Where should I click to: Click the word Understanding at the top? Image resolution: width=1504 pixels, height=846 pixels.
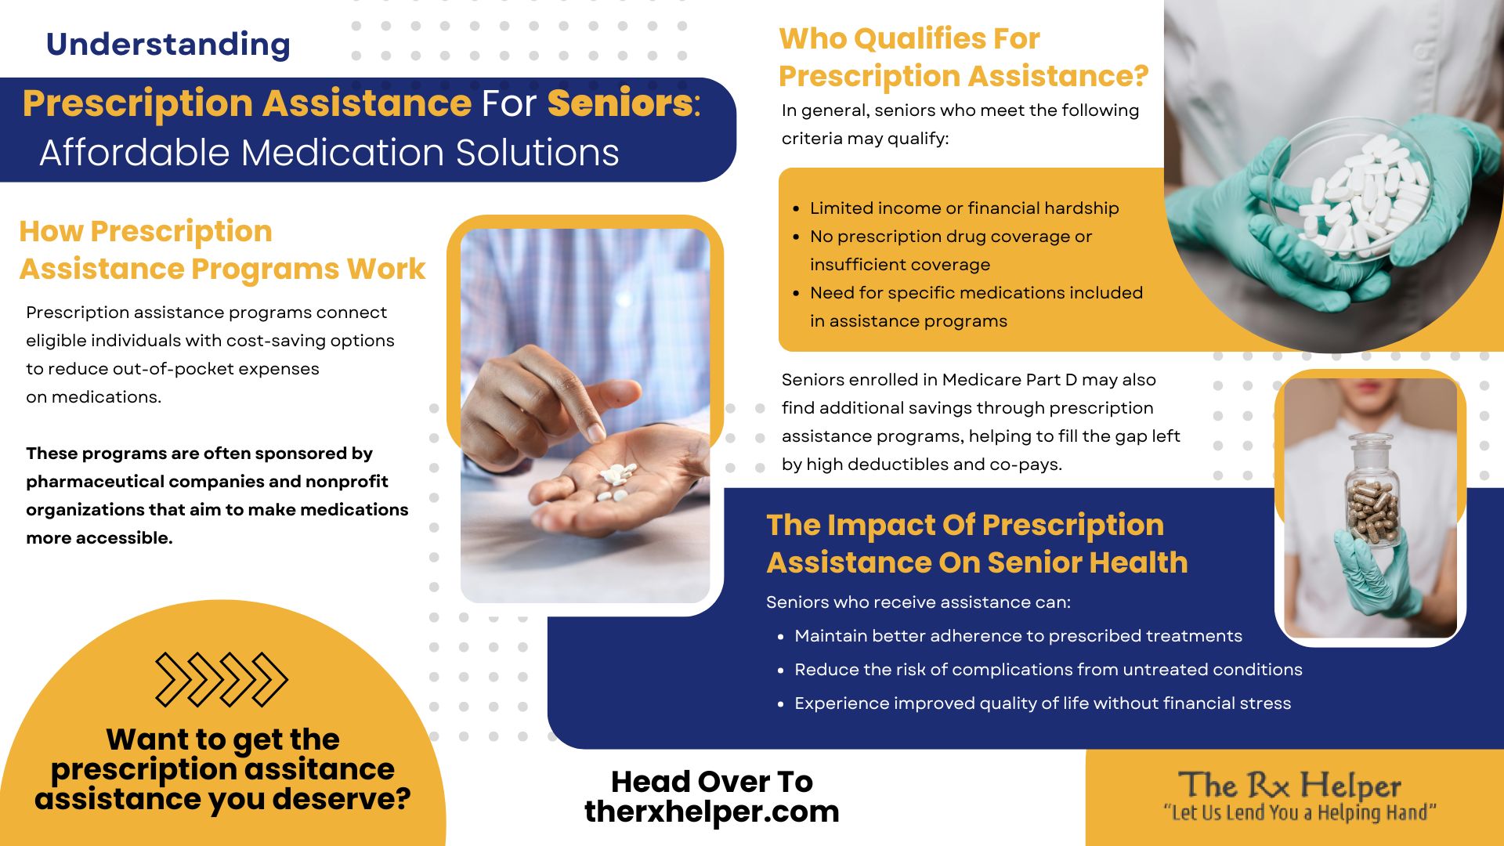168,45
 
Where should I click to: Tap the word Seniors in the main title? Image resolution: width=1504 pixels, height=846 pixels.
620,103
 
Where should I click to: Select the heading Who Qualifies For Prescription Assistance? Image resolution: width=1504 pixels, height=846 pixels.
963,57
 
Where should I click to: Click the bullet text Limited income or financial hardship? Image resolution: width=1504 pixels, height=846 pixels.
964,208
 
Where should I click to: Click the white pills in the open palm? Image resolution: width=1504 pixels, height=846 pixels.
616,482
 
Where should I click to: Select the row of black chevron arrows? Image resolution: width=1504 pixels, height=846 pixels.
222,679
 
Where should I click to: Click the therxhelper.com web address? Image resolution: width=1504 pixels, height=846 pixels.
712,812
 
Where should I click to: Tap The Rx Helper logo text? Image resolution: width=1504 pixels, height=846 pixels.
1289,785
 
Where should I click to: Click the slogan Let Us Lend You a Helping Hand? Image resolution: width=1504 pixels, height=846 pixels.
1300,813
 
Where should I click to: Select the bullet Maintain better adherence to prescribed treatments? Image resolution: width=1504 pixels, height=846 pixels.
1018,636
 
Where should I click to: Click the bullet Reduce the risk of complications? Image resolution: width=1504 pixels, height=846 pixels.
1048,670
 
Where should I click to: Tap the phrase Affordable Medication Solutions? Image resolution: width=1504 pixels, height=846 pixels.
329,153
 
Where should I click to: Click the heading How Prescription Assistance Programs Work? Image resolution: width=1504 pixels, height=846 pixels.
222,250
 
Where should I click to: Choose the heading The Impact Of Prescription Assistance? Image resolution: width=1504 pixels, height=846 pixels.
977,544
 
